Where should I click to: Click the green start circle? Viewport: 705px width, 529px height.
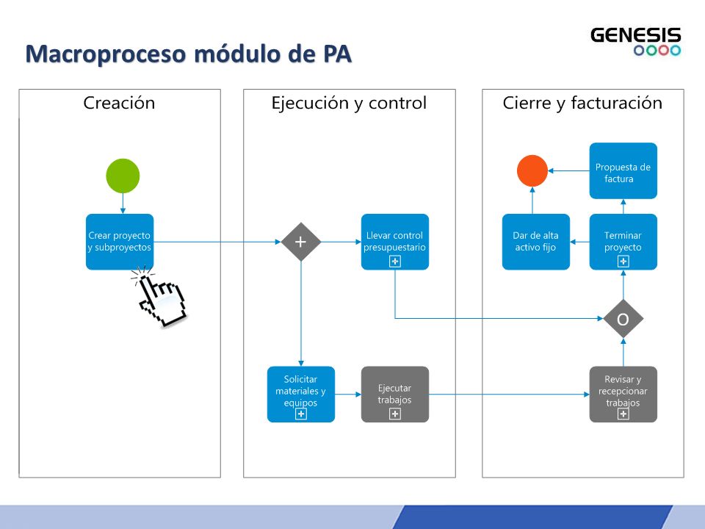[x=123, y=176]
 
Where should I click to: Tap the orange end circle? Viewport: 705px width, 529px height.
[x=532, y=171]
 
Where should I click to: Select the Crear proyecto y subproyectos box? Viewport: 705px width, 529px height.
[x=120, y=242]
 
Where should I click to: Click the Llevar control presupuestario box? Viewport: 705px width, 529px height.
[x=395, y=242]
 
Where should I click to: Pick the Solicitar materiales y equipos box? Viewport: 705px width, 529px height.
[x=301, y=395]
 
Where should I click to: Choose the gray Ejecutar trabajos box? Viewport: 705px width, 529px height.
[x=395, y=395]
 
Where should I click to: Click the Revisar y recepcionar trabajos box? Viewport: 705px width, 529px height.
[x=623, y=395]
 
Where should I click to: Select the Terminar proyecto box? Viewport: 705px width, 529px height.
[x=623, y=242]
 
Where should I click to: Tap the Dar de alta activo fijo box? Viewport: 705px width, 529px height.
[x=536, y=242]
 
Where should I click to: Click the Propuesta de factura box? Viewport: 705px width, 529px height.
[x=623, y=171]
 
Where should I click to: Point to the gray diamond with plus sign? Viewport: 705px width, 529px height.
[x=301, y=242]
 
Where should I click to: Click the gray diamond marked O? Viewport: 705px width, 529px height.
[x=623, y=319]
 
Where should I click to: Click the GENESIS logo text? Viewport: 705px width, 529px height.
[x=636, y=35]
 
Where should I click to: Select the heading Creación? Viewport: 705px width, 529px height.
[x=119, y=103]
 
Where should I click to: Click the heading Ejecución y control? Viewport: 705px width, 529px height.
[x=349, y=104]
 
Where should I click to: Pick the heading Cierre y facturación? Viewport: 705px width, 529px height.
[x=582, y=104]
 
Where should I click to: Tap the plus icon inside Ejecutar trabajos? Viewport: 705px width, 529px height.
[x=395, y=414]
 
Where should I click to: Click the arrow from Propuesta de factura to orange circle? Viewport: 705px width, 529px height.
[x=568, y=171]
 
